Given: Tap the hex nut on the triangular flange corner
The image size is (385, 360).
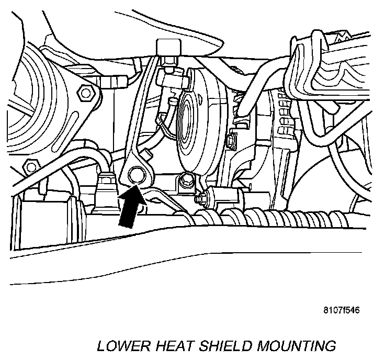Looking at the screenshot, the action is (x=83, y=93).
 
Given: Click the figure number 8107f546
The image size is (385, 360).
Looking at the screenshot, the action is (x=341, y=309).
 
